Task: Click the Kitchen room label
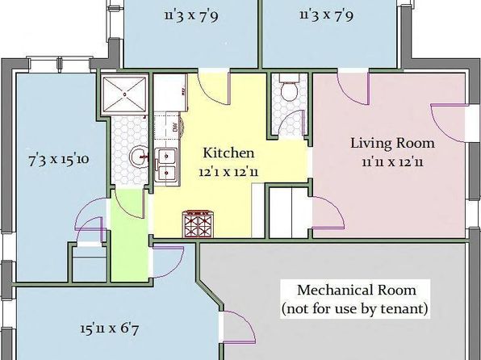coord(228,153)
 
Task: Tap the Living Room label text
coord(392,144)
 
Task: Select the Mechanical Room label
coord(357,290)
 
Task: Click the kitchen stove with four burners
coord(198,224)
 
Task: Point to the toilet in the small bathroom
coord(289,88)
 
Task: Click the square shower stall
coord(124,94)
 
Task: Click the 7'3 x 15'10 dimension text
coord(59,160)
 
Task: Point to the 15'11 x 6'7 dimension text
coord(110,329)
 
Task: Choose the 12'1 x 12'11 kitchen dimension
coord(228,172)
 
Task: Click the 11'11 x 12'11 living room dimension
coord(392,161)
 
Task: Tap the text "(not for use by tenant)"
coord(355,308)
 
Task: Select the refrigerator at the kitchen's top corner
coord(170,92)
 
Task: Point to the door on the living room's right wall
coord(450,123)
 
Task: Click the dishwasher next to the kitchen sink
coord(167,129)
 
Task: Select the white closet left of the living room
coord(288,212)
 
